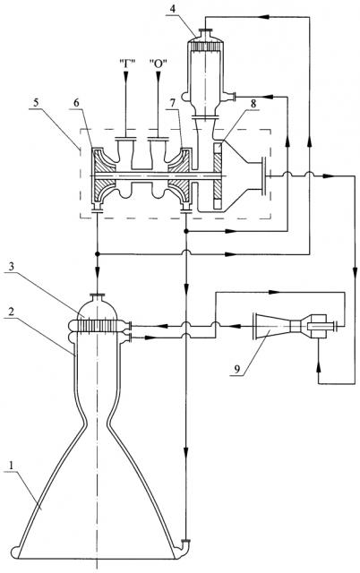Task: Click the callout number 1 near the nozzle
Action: coord(12,466)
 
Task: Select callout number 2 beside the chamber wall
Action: coord(12,312)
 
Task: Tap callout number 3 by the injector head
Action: coord(12,267)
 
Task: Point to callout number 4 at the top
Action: coord(172,9)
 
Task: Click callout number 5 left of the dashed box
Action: coord(36,103)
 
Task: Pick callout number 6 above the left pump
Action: coord(76,103)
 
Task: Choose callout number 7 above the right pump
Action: coord(172,103)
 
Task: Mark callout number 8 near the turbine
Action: coord(253,103)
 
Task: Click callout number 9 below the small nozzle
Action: coord(237,370)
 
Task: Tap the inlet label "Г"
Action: coord(127,63)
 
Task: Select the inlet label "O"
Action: coord(159,63)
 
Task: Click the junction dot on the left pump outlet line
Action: coord(98,253)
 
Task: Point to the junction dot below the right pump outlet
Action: coord(186,231)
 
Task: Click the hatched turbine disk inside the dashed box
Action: coord(218,176)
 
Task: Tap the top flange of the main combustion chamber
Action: coord(98,295)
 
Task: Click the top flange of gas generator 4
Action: coord(206,30)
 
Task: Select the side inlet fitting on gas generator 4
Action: coord(230,97)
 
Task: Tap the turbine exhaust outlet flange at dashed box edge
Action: coord(262,176)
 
